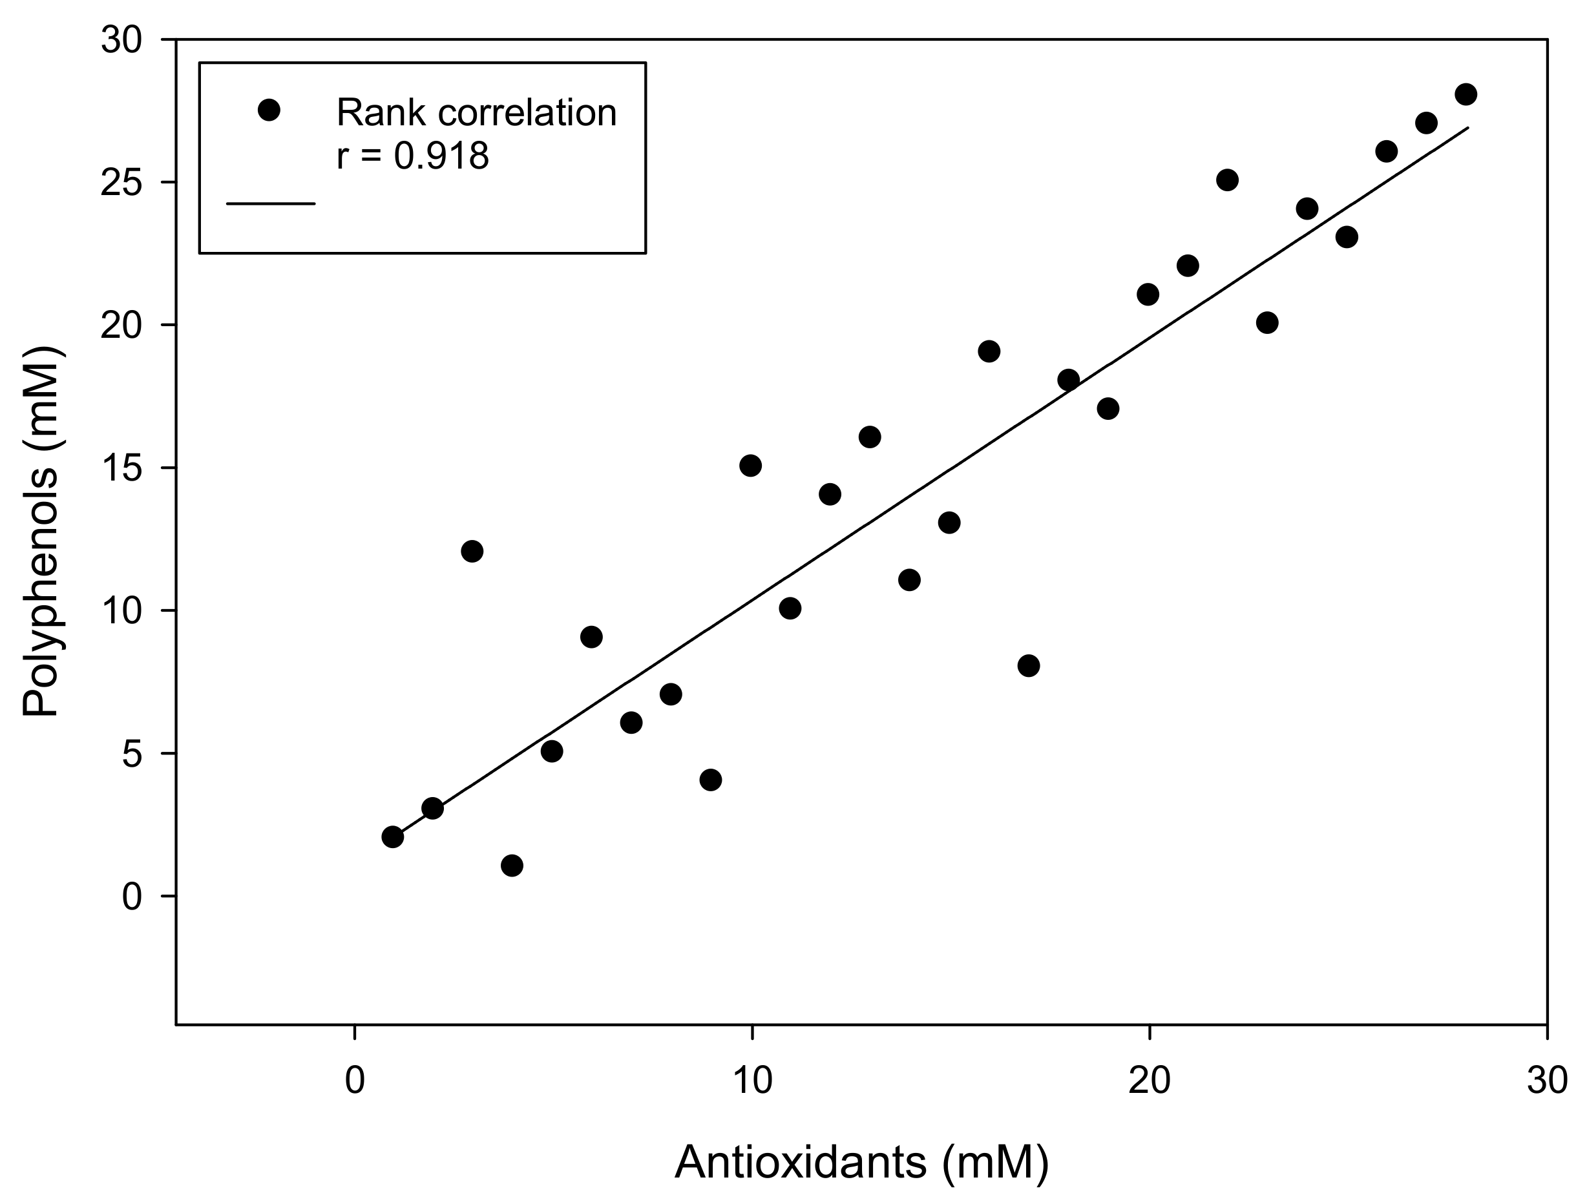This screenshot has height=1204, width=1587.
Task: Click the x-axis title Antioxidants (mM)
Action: tap(861, 1161)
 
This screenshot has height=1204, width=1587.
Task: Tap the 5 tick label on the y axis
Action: tap(132, 754)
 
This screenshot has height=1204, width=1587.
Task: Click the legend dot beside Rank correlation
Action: tap(269, 110)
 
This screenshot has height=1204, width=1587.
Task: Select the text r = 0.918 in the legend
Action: tap(412, 155)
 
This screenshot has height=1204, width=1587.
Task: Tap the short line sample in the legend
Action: tap(271, 203)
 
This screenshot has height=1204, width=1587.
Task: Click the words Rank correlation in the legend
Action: tap(476, 112)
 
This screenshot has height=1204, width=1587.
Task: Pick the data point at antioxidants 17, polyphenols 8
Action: tap(1028, 666)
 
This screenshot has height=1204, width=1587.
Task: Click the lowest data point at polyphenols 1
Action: tap(512, 866)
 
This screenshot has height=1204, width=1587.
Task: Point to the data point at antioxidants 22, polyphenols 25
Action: tap(1227, 180)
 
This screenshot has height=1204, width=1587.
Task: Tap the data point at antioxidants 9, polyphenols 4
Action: tap(710, 780)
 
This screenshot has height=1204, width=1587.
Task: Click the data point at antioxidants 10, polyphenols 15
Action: tap(750, 466)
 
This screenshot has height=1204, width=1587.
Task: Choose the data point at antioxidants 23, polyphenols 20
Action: tap(1267, 323)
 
